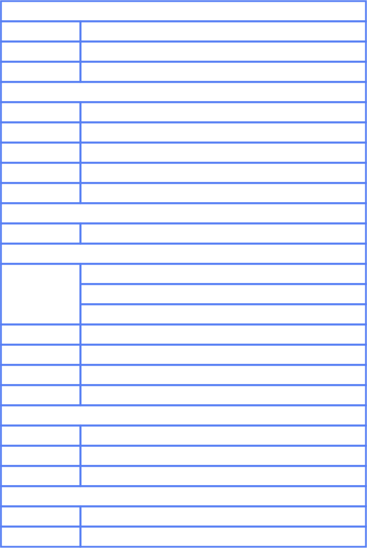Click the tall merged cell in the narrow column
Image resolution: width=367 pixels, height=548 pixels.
point(41,294)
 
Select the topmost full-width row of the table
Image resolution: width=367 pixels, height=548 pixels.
point(183,12)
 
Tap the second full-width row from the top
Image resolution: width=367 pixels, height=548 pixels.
point(183,92)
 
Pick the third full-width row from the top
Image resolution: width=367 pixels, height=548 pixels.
point(183,214)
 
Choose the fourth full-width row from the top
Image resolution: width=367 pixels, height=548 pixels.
point(183,254)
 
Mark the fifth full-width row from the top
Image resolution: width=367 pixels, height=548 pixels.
point(183,416)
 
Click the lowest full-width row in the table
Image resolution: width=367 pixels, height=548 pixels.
point(183,497)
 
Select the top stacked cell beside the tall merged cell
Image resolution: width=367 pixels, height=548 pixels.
point(223,274)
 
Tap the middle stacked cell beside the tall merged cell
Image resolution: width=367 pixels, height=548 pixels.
point(223,294)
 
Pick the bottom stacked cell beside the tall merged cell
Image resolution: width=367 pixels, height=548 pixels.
point(223,315)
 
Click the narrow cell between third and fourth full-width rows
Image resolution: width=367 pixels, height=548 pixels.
point(41,234)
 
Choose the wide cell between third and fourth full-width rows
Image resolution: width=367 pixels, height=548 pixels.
point(223,234)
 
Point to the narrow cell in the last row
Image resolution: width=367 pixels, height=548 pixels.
point(41,536)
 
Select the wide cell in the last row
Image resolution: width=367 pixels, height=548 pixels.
point(223,536)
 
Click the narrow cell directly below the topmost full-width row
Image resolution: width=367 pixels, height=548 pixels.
point(41,32)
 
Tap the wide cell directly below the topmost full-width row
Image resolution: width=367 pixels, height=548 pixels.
point(223,32)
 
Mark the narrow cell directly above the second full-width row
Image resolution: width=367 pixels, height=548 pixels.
point(41,72)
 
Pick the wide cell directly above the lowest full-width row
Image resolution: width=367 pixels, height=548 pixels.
point(223,476)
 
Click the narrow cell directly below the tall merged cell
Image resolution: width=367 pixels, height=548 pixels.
point(41,335)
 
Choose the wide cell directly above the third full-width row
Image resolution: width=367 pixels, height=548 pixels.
point(223,193)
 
